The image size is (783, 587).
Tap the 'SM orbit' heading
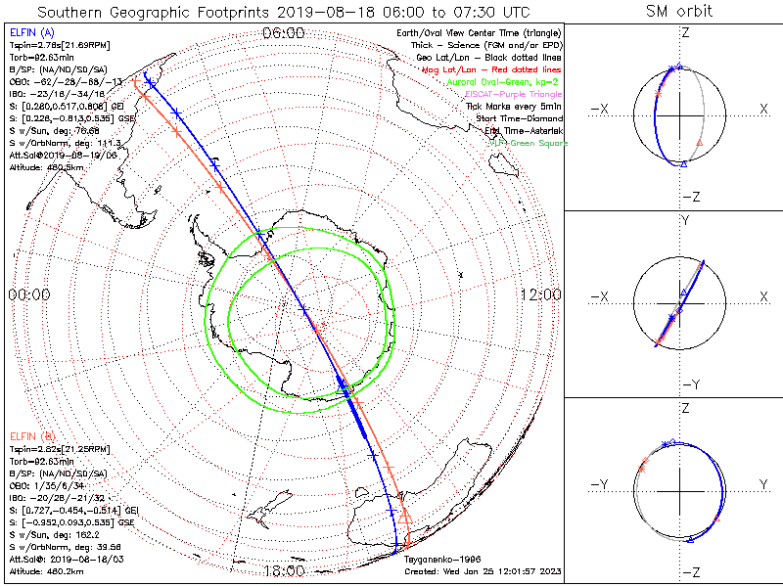pos(679,12)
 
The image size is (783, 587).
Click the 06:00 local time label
pos(284,32)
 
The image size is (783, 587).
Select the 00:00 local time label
pos(28,294)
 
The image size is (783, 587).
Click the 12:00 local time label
pos(540,294)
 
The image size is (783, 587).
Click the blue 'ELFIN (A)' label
pos(32,33)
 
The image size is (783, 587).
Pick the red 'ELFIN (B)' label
pos(32,433)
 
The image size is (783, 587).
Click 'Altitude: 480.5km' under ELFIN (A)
pos(46,167)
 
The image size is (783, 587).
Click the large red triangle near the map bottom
pos(406,517)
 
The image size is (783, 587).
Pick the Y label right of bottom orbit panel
pos(762,484)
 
